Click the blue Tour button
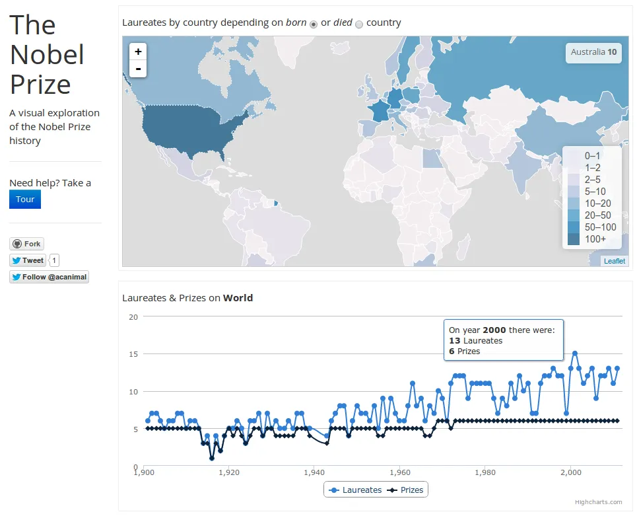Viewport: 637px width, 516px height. point(25,200)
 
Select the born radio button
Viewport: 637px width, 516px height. point(314,24)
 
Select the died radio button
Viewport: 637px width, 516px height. point(359,24)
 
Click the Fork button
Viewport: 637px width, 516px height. point(26,244)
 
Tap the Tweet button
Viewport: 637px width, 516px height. point(28,260)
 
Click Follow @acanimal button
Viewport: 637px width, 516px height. point(49,277)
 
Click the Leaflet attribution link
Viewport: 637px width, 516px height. point(615,261)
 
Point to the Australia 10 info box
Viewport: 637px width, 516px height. point(593,52)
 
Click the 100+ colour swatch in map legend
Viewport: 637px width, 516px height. point(573,239)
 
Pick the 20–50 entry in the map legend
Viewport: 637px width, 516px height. point(597,215)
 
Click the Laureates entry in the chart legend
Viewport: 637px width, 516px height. point(356,490)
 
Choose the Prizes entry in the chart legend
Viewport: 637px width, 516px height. point(405,490)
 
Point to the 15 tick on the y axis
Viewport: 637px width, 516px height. point(133,354)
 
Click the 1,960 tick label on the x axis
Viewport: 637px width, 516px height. point(400,472)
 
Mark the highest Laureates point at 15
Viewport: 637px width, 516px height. point(574,353)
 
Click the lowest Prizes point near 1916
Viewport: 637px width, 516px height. point(212,459)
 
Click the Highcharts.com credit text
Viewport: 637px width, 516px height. point(598,502)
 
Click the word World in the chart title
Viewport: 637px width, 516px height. point(238,298)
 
